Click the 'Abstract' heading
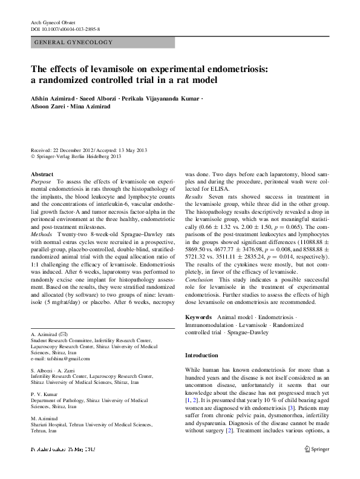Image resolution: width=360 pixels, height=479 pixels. tap(42, 174)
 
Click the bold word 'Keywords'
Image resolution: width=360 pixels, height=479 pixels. tap(198, 317)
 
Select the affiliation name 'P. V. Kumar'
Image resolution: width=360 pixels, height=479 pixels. tap(45, 394)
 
